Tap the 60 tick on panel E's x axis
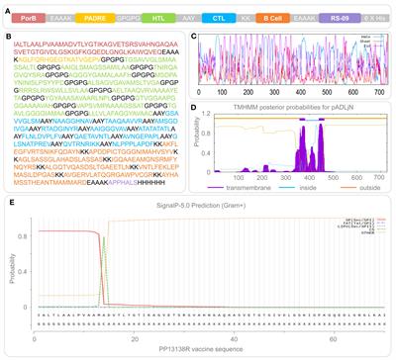pos(326,337)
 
